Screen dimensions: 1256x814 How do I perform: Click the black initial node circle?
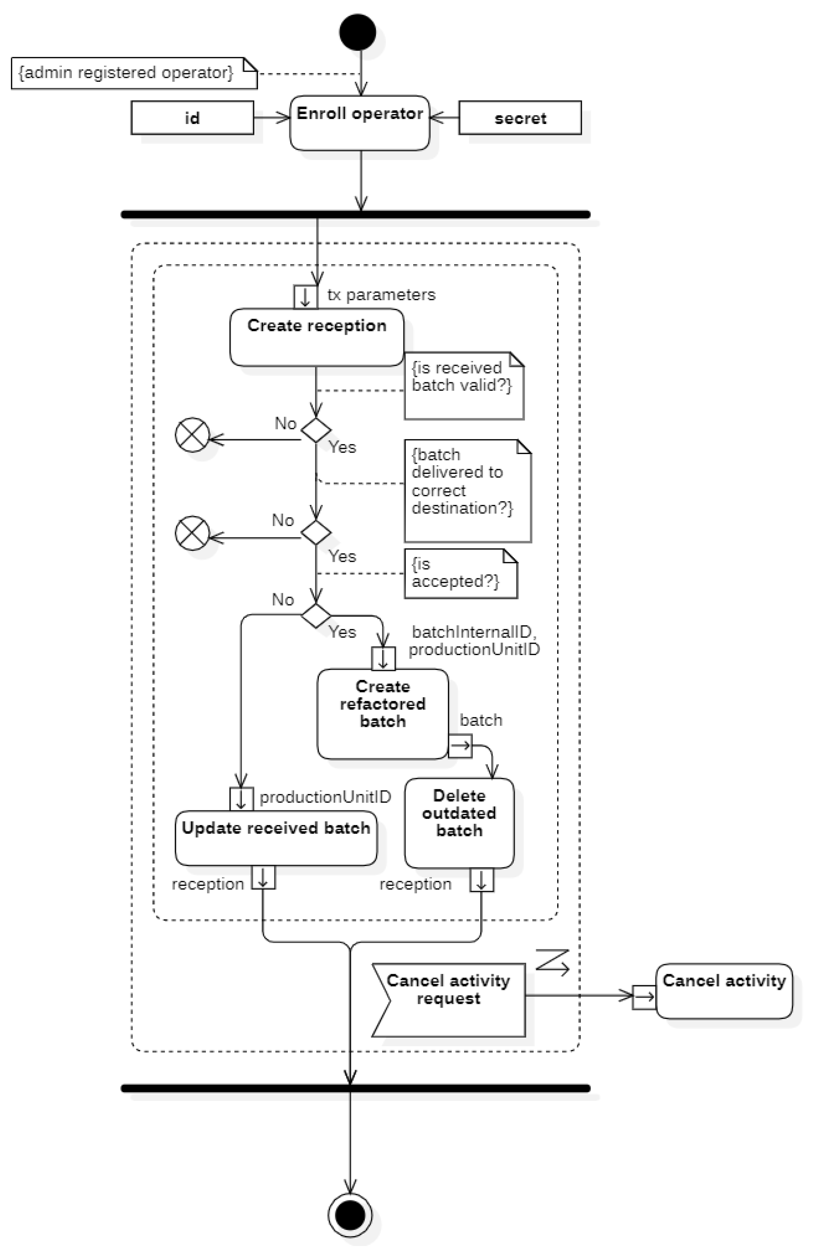(357, 32)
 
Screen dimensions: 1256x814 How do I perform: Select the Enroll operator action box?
(359, 123)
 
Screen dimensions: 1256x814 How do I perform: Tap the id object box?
(192, 118)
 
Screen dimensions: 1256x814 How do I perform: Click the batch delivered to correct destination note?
(467, 490)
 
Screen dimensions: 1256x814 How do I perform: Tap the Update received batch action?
(276, 837)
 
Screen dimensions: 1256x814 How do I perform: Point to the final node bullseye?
(349, 1215)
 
